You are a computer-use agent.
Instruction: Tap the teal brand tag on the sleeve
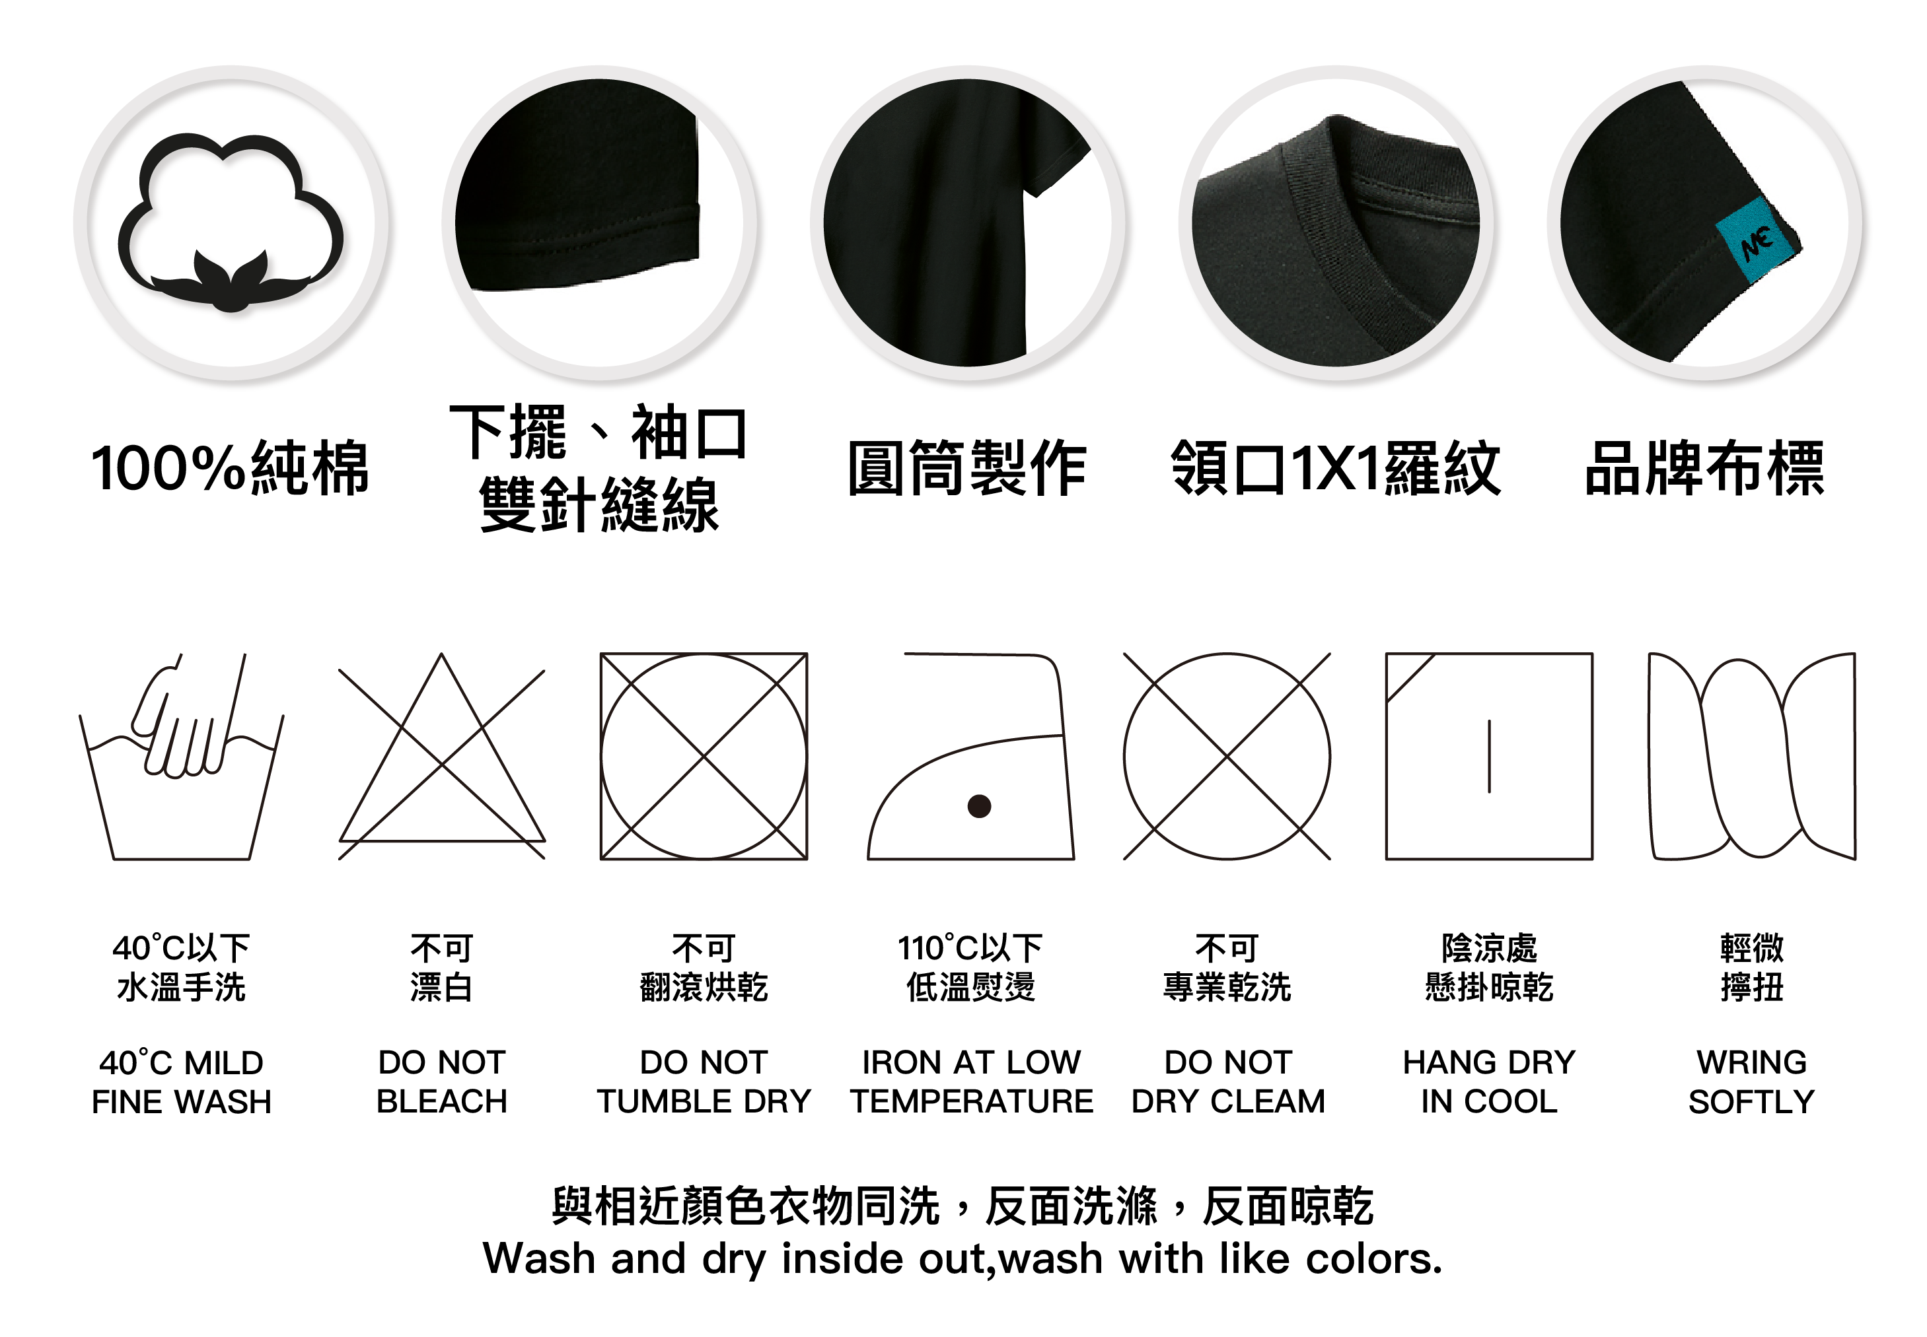point(1756,241)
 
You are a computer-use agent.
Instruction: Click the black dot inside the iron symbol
point(978,806)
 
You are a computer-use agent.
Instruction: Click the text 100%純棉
point(231,467)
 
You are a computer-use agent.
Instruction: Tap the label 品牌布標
point(1704,467)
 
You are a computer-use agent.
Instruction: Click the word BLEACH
point(442,1101)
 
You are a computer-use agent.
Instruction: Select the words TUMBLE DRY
point(704,1101)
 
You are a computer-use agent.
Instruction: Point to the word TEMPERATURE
point(972,1101)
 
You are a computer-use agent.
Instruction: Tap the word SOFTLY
point(1752,1101)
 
